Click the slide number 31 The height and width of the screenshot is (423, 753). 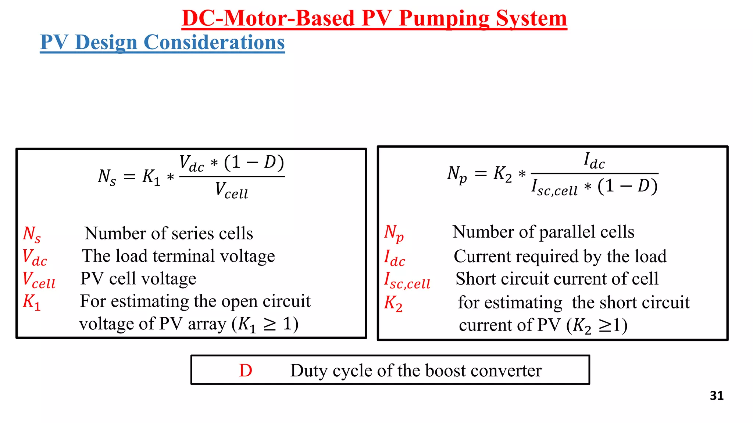717,395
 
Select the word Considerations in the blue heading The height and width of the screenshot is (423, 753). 214,42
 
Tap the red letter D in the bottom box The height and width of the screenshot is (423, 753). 246,370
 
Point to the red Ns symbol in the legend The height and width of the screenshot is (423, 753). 32,234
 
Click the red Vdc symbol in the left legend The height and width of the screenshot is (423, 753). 35,257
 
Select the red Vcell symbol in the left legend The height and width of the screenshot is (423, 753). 39,280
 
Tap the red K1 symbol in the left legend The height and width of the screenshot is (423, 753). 32,302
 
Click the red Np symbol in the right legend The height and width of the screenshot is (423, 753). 394,233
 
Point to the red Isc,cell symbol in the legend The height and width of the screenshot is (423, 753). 407,280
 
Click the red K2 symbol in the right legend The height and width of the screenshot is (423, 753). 393,303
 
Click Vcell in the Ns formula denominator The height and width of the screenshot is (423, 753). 232,190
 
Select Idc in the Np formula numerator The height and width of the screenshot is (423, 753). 594,160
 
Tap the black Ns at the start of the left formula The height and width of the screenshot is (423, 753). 107,177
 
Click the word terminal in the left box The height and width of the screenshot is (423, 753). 181,256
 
